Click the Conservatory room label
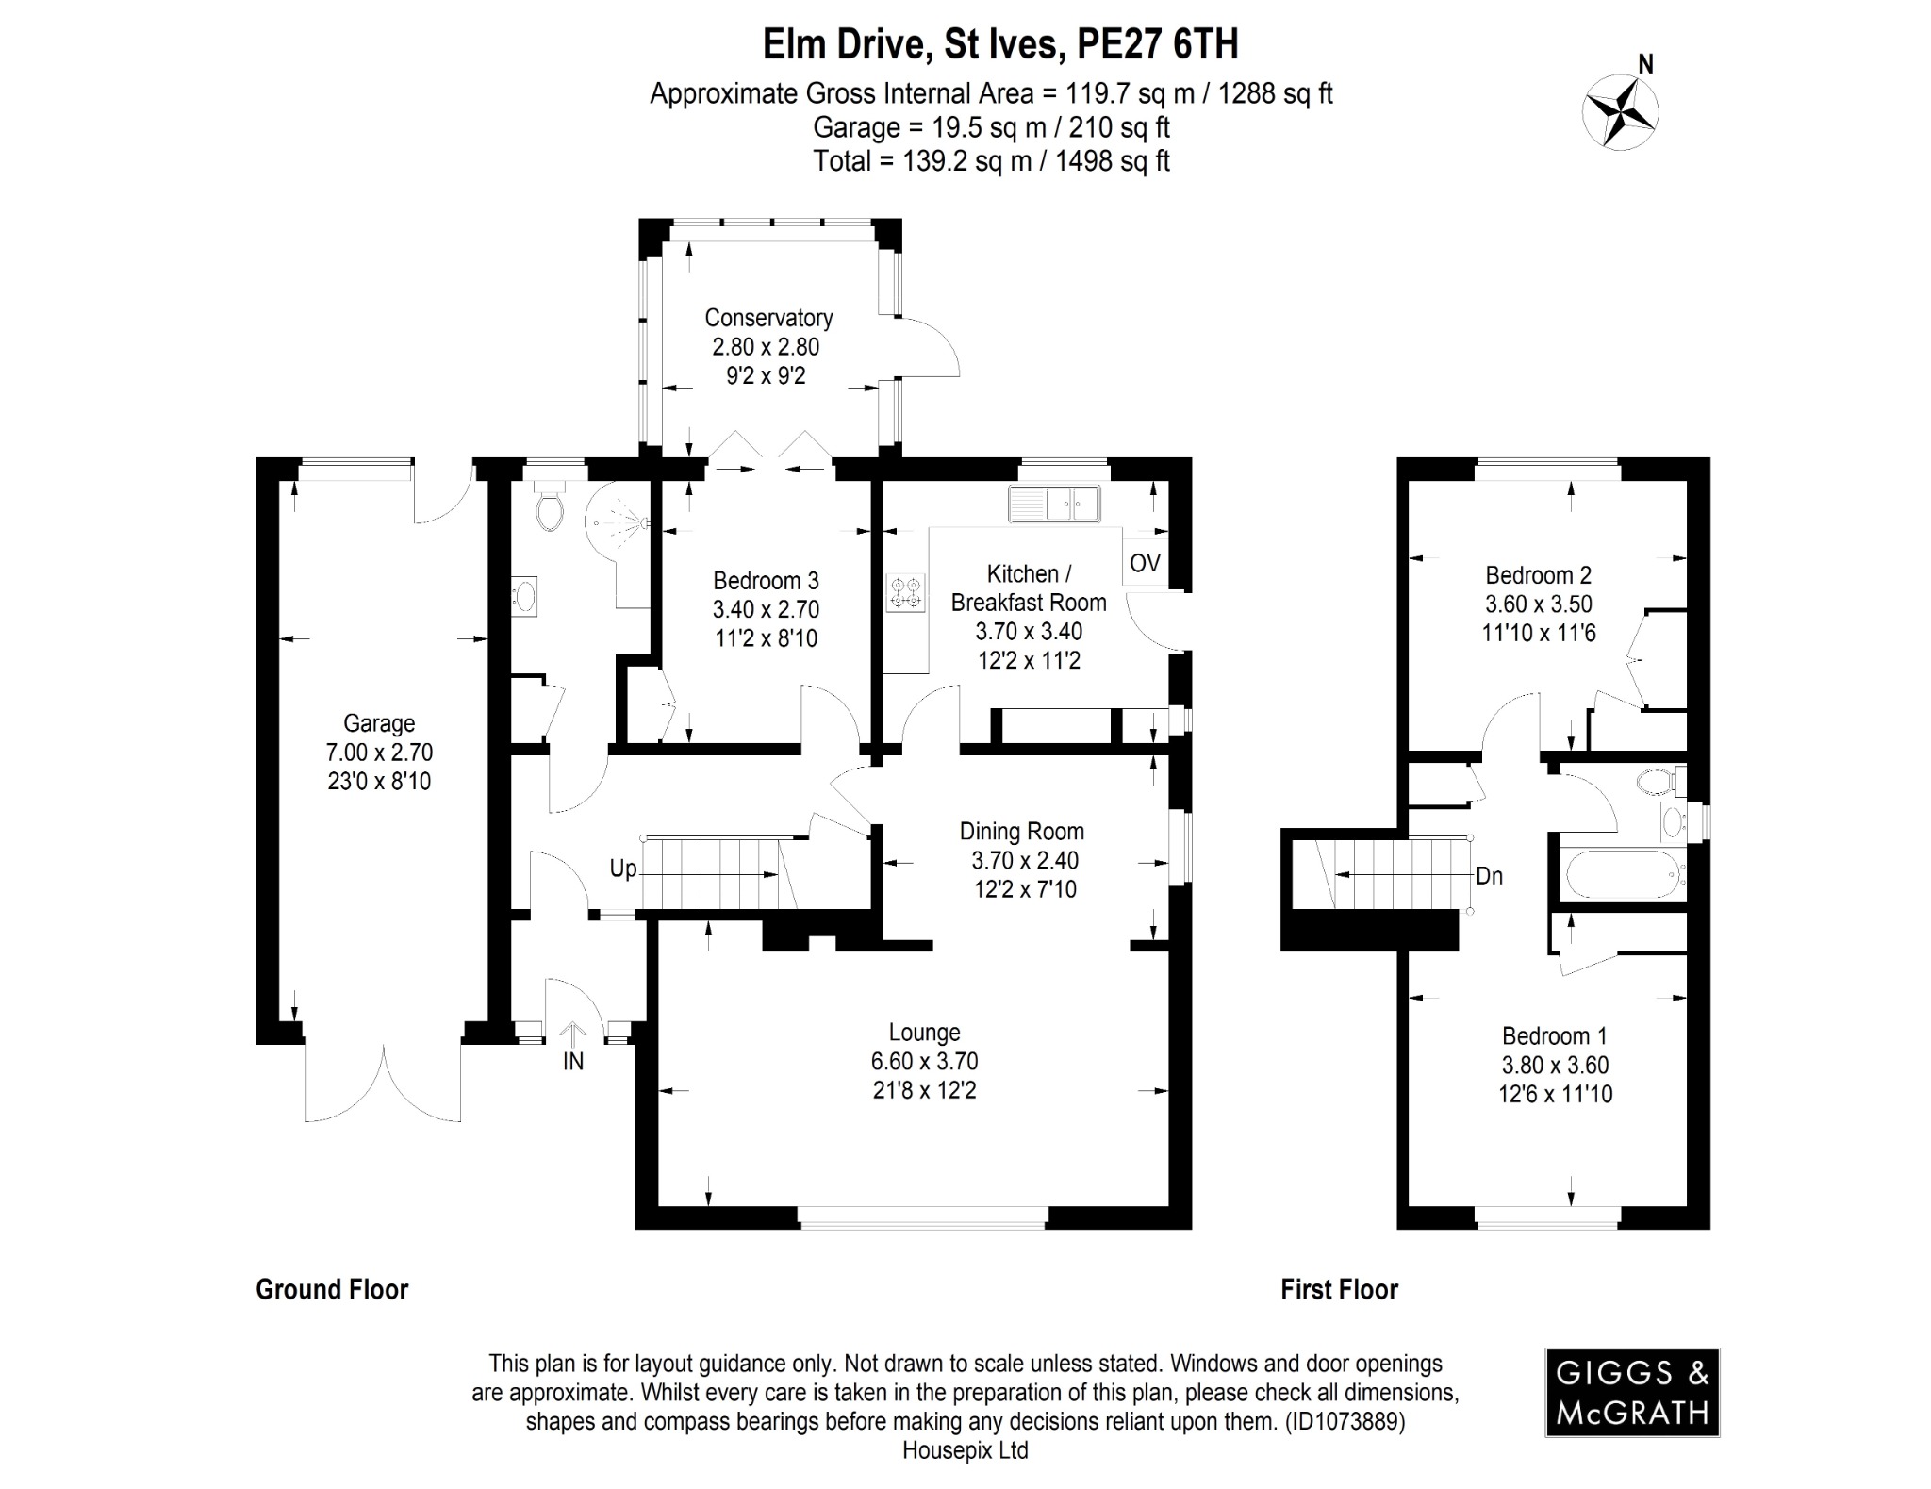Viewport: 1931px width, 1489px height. [x=768, y=318]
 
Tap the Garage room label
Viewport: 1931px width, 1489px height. [x=379, y=723]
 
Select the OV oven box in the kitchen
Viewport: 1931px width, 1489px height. [x=1145, y=563]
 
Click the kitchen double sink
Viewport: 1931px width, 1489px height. [x=1054, y=505]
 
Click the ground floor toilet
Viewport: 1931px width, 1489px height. [x=549, y=509]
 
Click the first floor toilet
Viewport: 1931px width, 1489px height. [x=1659, y=781]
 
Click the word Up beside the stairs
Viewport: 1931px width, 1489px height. [x=623, y=869]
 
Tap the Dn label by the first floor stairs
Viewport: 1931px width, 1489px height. [x=1489, y=876]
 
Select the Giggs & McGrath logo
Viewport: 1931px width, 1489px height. [x=1632, y=1392]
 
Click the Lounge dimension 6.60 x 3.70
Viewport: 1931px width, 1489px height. [x=924, y=1062]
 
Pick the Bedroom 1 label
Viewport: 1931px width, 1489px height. [x=1554, y=1035]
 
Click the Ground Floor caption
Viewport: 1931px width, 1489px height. [x=332, y=1289]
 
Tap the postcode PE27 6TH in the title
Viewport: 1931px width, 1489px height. [x=1158, y=44]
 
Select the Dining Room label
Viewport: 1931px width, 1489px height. [x=1021, y=832]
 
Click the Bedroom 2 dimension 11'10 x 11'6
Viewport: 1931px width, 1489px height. [x=1538, y=633]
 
